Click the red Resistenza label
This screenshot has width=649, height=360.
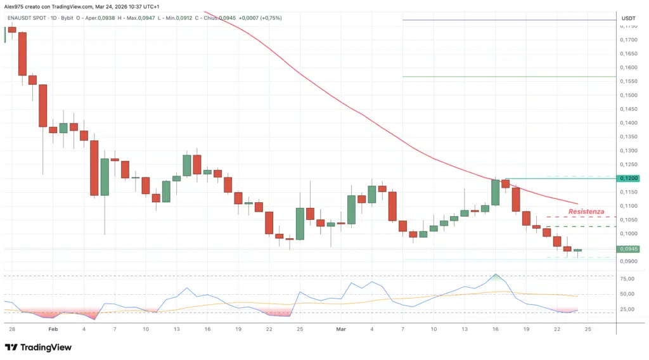[x=586, y=211]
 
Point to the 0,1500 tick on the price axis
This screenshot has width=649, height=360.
[x=629, y=95]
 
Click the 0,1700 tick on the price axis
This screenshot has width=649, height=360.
[x=629, y=40]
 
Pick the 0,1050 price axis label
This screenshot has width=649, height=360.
[x=629, y=220]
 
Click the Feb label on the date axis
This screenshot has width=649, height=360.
[x=53, y=330]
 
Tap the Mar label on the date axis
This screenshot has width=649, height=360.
[x=341, y=330]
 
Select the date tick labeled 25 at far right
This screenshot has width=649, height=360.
[x=588, y=330]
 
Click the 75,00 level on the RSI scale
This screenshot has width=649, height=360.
[x=627, y=278]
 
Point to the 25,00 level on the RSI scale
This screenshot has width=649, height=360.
[x=627, y=309]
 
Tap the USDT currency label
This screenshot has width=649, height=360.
[x=629, y=18]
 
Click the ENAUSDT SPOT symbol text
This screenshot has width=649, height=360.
[x=28, y=18]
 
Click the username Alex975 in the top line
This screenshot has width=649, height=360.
[x=15, y=6]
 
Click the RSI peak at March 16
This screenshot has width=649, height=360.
[x=496, y=274]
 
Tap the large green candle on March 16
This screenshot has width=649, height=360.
[x=496, y=192]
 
